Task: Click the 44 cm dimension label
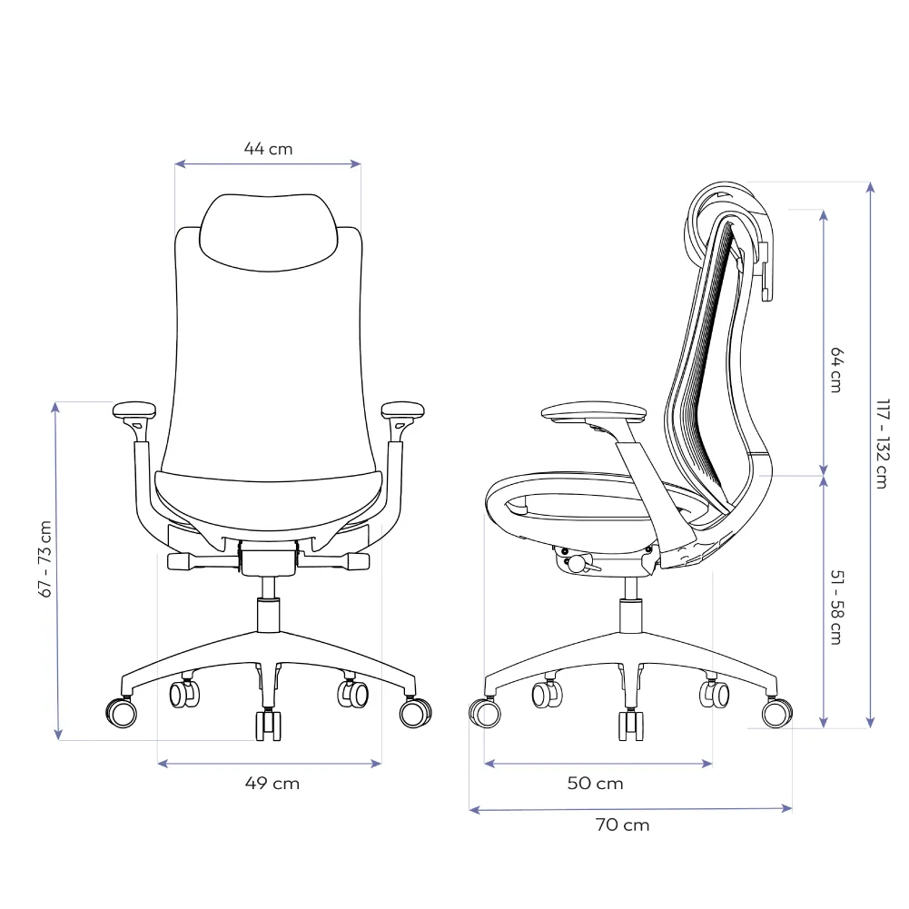[x=268, y=148]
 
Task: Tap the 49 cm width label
[x=272, y=783]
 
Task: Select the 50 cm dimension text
[x=596, y=783]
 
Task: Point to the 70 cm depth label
[x=624, y=825]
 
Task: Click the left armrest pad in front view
[x=134, y=410]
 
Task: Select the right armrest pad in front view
[x=403, y=410]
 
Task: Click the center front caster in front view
[x=268, y=725]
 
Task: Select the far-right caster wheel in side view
[x=775, y=713]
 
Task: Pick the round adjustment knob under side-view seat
[x=577, y=564]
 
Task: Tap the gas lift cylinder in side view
[x=630, y=616]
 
